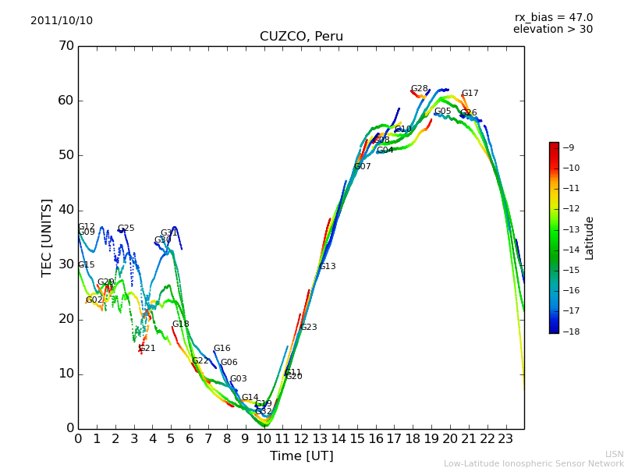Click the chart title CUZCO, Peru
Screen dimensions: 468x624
pos(301,37)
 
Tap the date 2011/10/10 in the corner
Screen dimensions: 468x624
pos(62,20)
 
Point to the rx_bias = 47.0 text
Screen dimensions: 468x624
pos(553,17)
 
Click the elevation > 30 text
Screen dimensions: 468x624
pos(552,30)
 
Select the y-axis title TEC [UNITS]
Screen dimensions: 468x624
pos(47,237)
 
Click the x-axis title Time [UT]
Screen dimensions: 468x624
pos(301,456)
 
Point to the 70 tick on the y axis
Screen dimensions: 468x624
pos(66,46)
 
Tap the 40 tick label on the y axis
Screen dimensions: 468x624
pos(66,210)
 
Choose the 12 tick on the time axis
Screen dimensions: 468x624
pos(301,438)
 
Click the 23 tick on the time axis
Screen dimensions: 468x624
pos(505,438)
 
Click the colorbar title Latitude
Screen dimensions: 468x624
pos(590,238)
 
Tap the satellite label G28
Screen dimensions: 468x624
pos(419,89)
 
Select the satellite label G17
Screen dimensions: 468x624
pos(470,94)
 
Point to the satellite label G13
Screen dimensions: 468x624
pos(327,267)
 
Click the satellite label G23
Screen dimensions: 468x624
pos(308,328)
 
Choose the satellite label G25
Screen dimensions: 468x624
pos(126,229)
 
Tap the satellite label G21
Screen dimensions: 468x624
pos(147,349)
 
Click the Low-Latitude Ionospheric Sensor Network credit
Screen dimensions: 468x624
pos(534,463)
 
